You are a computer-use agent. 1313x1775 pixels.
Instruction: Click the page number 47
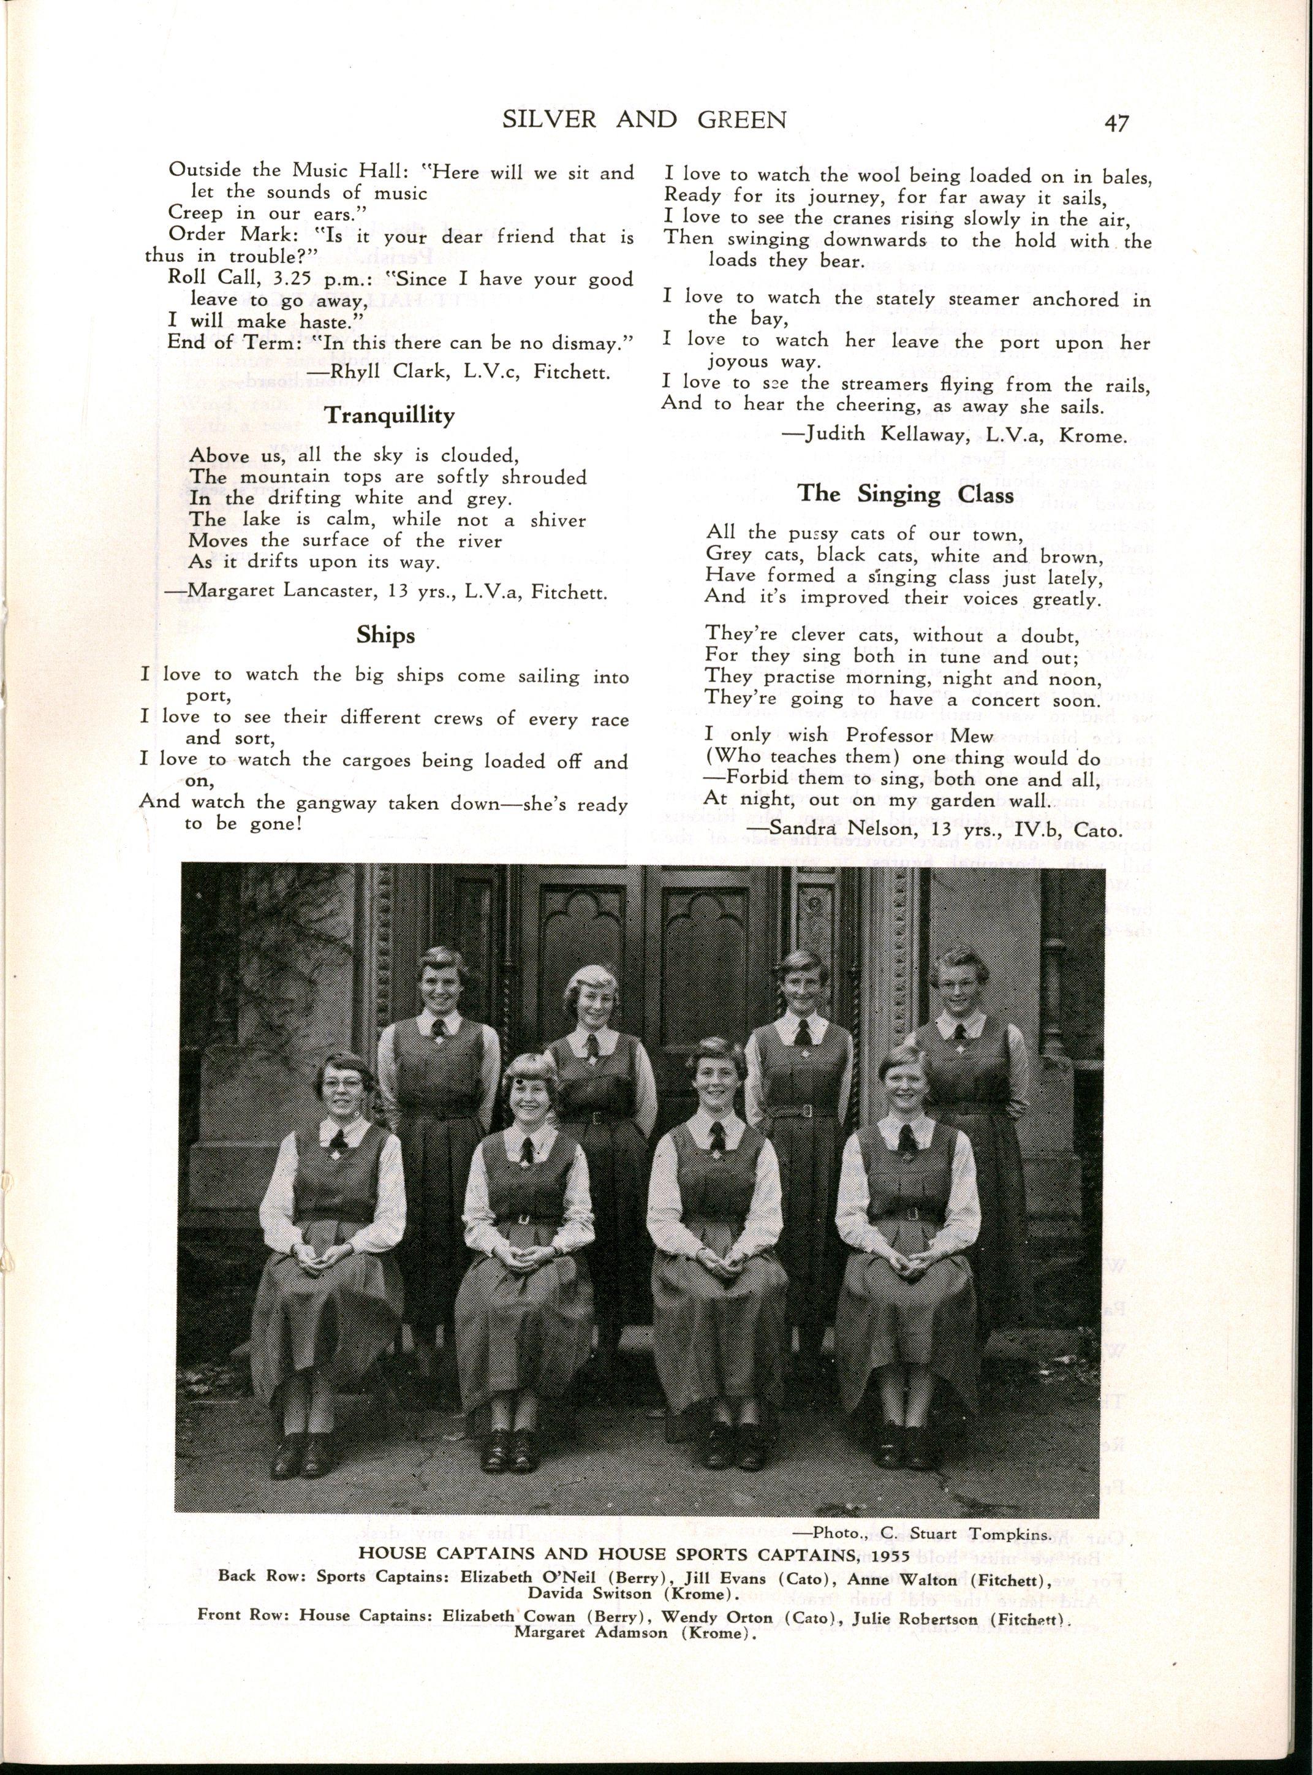(x=1116, y=123)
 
